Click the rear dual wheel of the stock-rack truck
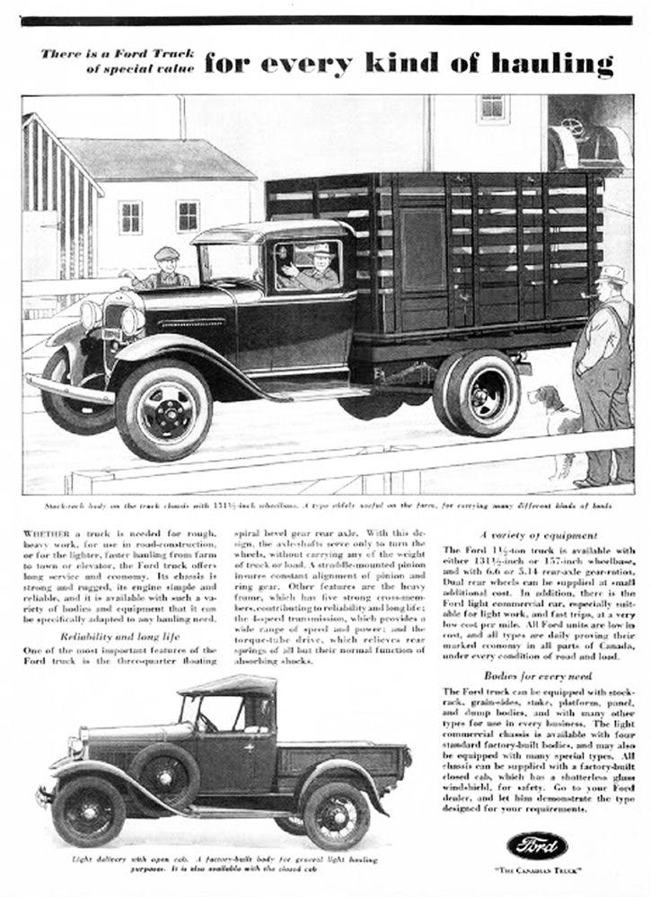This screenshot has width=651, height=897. [x=479, y=392]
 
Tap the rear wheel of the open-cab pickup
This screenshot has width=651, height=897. [x=336, y=816]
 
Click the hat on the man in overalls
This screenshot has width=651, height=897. [x=613, y=274]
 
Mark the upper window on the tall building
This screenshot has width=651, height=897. [x=491, y=109]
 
